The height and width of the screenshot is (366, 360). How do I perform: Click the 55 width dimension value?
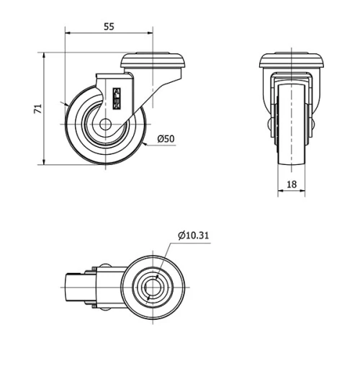tap(109, 27)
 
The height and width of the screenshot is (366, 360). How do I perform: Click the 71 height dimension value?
tap(38, 109)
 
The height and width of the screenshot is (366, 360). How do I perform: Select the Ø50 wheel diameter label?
tap(166, 139)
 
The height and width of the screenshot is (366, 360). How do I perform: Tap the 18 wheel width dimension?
tap(292, 184)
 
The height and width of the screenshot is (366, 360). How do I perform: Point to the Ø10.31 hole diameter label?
tap(193, 235)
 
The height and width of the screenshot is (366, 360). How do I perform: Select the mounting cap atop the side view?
tap(155, 62)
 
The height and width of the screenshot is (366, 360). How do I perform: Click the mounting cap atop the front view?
tap(292, 62)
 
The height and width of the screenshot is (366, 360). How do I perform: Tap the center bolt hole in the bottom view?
tap(153, 289)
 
